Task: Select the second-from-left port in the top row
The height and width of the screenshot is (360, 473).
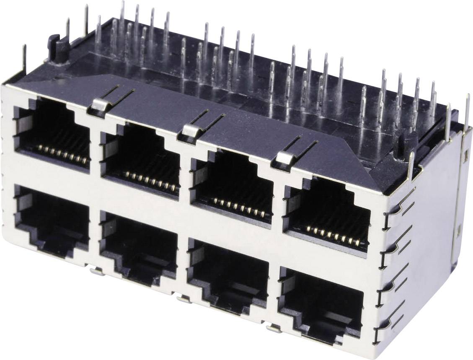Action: click(x=140, y=157)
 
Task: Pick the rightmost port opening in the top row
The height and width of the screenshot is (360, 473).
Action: click(x=327, y=212)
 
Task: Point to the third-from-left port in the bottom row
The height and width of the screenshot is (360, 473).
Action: click(x=228, y=275)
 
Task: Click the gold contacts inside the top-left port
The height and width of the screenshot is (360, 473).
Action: click(x=63, y=154)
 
